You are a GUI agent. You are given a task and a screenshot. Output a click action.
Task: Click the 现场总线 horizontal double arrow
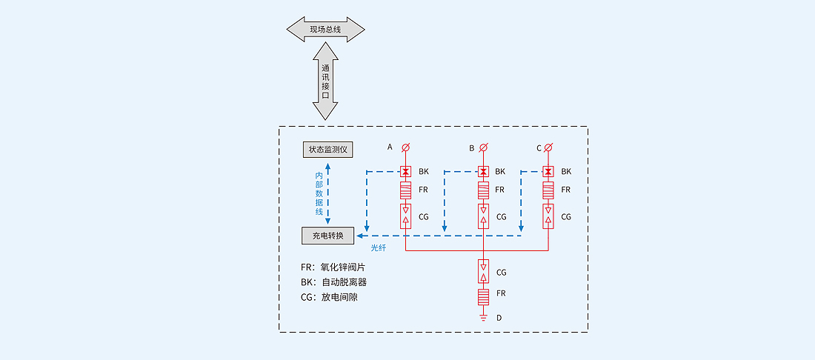[325, 29]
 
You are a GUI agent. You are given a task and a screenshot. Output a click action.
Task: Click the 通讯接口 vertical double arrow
[325, 81]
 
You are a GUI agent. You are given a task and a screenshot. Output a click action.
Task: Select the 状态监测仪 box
[327, 150]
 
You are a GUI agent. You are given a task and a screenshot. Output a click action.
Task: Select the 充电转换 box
[327, 236]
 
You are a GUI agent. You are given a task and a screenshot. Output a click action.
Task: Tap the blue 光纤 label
[379, 247]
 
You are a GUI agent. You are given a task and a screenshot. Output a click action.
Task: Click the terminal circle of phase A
[405, 147]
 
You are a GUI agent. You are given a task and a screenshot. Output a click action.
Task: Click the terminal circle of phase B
[483, 147]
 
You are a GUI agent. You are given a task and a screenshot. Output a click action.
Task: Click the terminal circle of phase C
[548, 147]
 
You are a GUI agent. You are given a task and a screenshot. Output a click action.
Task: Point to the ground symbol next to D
[483, 316]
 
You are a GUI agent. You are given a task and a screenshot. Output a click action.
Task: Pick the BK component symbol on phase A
[405, 171]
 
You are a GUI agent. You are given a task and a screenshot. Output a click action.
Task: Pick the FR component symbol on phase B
[483, 190]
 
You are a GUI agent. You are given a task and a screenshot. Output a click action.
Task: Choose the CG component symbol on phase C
[548, 216]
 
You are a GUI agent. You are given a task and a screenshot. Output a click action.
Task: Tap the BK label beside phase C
[566, 172]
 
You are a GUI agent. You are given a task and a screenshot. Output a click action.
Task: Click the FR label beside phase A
[423, 190]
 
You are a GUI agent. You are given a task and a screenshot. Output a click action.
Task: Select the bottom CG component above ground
[483, 272]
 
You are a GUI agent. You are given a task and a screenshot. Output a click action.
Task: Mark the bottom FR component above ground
[483, 297]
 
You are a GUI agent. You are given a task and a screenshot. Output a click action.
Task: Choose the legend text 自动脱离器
[344, 282]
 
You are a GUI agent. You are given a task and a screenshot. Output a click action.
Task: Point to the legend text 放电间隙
[340, 298]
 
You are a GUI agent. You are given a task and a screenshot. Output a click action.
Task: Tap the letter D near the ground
[499, 318]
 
